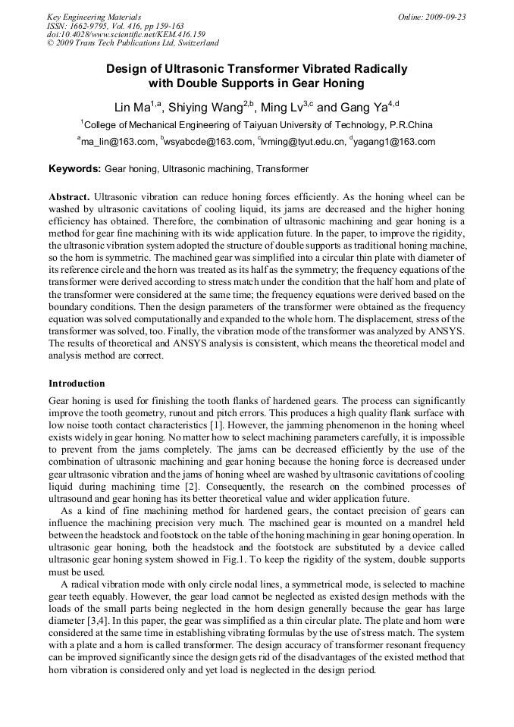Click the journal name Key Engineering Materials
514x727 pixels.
coord(94,17)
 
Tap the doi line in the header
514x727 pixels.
coord(126,35)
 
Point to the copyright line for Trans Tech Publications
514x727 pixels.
coord(133,44)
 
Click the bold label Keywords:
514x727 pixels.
coord(75,169)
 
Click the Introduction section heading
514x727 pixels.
coord(77,384)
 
